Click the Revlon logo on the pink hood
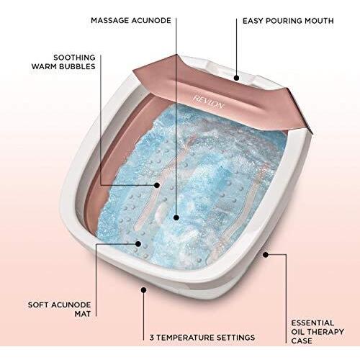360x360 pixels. (208, 102)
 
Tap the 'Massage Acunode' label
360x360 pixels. (131, 20)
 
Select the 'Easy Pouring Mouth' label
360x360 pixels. (288, 21)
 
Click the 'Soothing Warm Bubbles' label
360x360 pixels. (63, 62)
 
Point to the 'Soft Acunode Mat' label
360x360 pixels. (59, 310)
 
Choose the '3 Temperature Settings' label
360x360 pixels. (202, 338)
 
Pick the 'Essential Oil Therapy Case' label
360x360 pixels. (318, 332)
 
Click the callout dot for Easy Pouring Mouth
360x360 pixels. (237, 78)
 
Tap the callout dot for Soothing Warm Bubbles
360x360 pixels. (157, 185)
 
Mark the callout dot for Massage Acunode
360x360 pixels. (176, 217)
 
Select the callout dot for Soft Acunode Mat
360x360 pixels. (138, 244)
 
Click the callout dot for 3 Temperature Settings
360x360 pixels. (143, 290)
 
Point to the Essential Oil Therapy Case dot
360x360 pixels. (266, 254)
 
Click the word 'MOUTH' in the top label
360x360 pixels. (319, 21)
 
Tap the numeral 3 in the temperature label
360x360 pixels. (152, 338)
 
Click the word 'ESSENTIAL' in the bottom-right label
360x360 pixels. (312, 323)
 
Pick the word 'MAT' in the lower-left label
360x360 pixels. (83, 314)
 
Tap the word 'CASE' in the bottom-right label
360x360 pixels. (302, 341)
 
